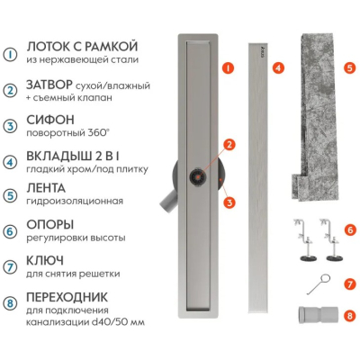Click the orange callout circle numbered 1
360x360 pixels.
229,68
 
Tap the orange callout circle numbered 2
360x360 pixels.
229,145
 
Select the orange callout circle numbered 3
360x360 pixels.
229,202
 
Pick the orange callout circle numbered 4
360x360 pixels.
278,68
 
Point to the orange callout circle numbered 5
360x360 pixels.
349,68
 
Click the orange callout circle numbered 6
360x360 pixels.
350,230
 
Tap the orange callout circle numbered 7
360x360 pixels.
350,283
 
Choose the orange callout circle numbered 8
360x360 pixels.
350,315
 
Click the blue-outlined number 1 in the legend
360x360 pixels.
10,54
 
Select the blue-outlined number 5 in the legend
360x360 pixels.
10,195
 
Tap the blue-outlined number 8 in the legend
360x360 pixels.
10,303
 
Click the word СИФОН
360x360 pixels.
50,120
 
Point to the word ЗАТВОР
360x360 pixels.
49,85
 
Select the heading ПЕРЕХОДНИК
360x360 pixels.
67,297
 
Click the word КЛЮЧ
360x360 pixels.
45,260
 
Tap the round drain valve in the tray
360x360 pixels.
197,177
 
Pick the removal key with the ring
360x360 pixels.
319,284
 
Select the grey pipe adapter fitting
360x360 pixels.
318,315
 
